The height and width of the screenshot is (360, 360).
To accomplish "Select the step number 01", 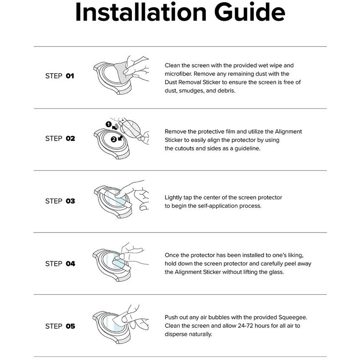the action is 70,76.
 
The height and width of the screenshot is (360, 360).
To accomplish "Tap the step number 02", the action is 70,138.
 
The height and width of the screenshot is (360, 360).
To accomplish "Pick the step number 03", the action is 70,201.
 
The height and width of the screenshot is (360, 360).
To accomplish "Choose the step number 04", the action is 70,264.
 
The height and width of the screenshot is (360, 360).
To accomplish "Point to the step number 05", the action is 70,326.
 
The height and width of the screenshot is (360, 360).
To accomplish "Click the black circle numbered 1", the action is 109,124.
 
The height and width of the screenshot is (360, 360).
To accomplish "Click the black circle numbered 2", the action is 114,139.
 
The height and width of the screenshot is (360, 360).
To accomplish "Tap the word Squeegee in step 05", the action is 293,318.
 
